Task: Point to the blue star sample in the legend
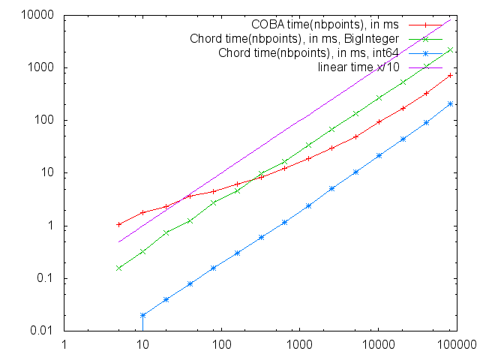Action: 426,53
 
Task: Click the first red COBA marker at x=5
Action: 119,224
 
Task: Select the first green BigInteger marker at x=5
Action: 119,268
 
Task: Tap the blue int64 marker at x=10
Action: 142,315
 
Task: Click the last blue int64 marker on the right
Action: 451,104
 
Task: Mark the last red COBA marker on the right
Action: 451,75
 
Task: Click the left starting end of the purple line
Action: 119,241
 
